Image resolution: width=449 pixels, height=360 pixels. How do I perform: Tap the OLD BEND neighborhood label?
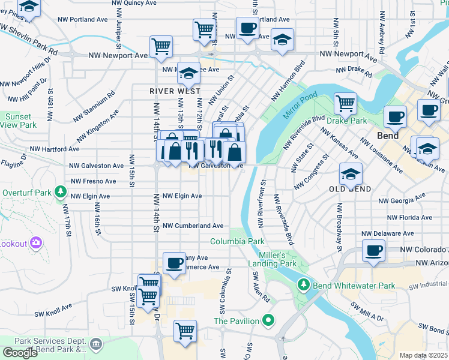pyautogui.click(x=349, y=189)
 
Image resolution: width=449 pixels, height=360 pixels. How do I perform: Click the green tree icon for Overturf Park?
pyautogui.click(x=59, y=191)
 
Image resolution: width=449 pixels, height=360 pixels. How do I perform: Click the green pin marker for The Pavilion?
pyautogui.click(x=269, y=320)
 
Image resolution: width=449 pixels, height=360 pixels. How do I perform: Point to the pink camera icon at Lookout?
pyautogui.click(x=36, y=243)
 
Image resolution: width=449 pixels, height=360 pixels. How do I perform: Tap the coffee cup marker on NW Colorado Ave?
pyautogui.click(x=373, y=250)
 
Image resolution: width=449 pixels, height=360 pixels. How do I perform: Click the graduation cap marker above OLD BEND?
pyautogui.click(x=351, y=173)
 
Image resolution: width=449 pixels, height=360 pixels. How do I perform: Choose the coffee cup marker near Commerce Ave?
pyautogui.click(x=175, y=262)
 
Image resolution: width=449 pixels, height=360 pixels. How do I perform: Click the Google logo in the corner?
pyautogui.click(x=20, y=353)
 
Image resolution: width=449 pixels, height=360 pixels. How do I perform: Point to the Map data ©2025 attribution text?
pyautogui.click(x=423, y=355)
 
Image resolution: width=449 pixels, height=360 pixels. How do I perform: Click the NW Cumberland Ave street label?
pyautogui.click(x=191, y=226)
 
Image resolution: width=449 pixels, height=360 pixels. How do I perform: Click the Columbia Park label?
pyautogui.click(x=237, y=241)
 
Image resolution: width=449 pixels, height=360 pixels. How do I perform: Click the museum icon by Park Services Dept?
pyautogui.click(x=95, y=344)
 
